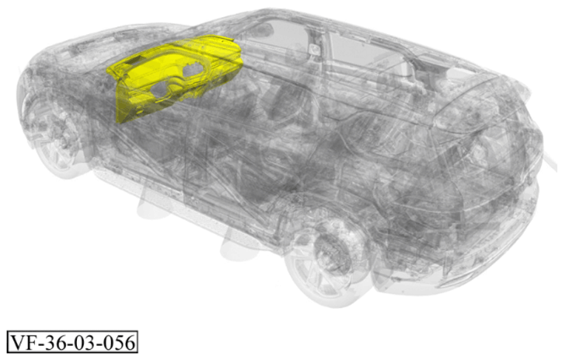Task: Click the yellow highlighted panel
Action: pyautogui.click(x=172, y=76)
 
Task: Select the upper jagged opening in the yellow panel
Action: pyautogui.click(x=192, y=70)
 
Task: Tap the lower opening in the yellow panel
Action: pyautogui.click(x=161, y=90)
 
